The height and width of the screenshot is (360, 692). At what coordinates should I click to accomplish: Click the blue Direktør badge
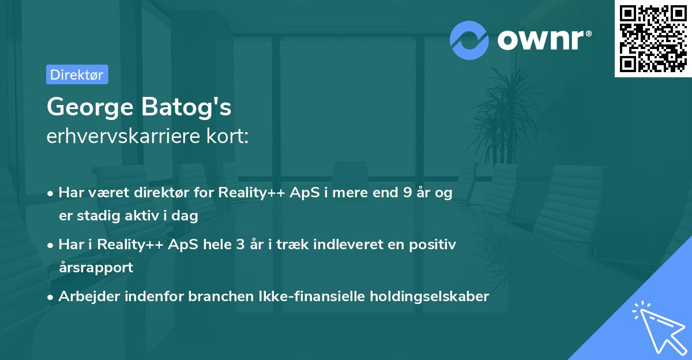tap(77, 74)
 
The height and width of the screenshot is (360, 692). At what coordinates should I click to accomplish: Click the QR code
tap(653, 39)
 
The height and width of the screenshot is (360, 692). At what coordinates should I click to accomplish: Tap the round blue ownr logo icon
tap(469, 40)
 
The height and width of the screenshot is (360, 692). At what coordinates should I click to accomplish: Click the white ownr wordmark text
tap(541, 40)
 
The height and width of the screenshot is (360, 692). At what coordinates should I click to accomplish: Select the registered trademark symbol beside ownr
tap(589, 33)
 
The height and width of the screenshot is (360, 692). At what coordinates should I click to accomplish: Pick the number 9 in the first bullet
tap(408, 193)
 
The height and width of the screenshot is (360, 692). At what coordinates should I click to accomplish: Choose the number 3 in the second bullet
tap(240, 245)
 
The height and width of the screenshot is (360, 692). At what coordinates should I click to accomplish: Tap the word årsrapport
tap(96, 268)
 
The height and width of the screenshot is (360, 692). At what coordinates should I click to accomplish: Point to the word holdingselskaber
tap(430, 297)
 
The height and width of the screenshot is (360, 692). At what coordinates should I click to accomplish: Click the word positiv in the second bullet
tap(432, 245)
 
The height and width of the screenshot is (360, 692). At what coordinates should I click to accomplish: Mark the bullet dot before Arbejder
tap(50, 297)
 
